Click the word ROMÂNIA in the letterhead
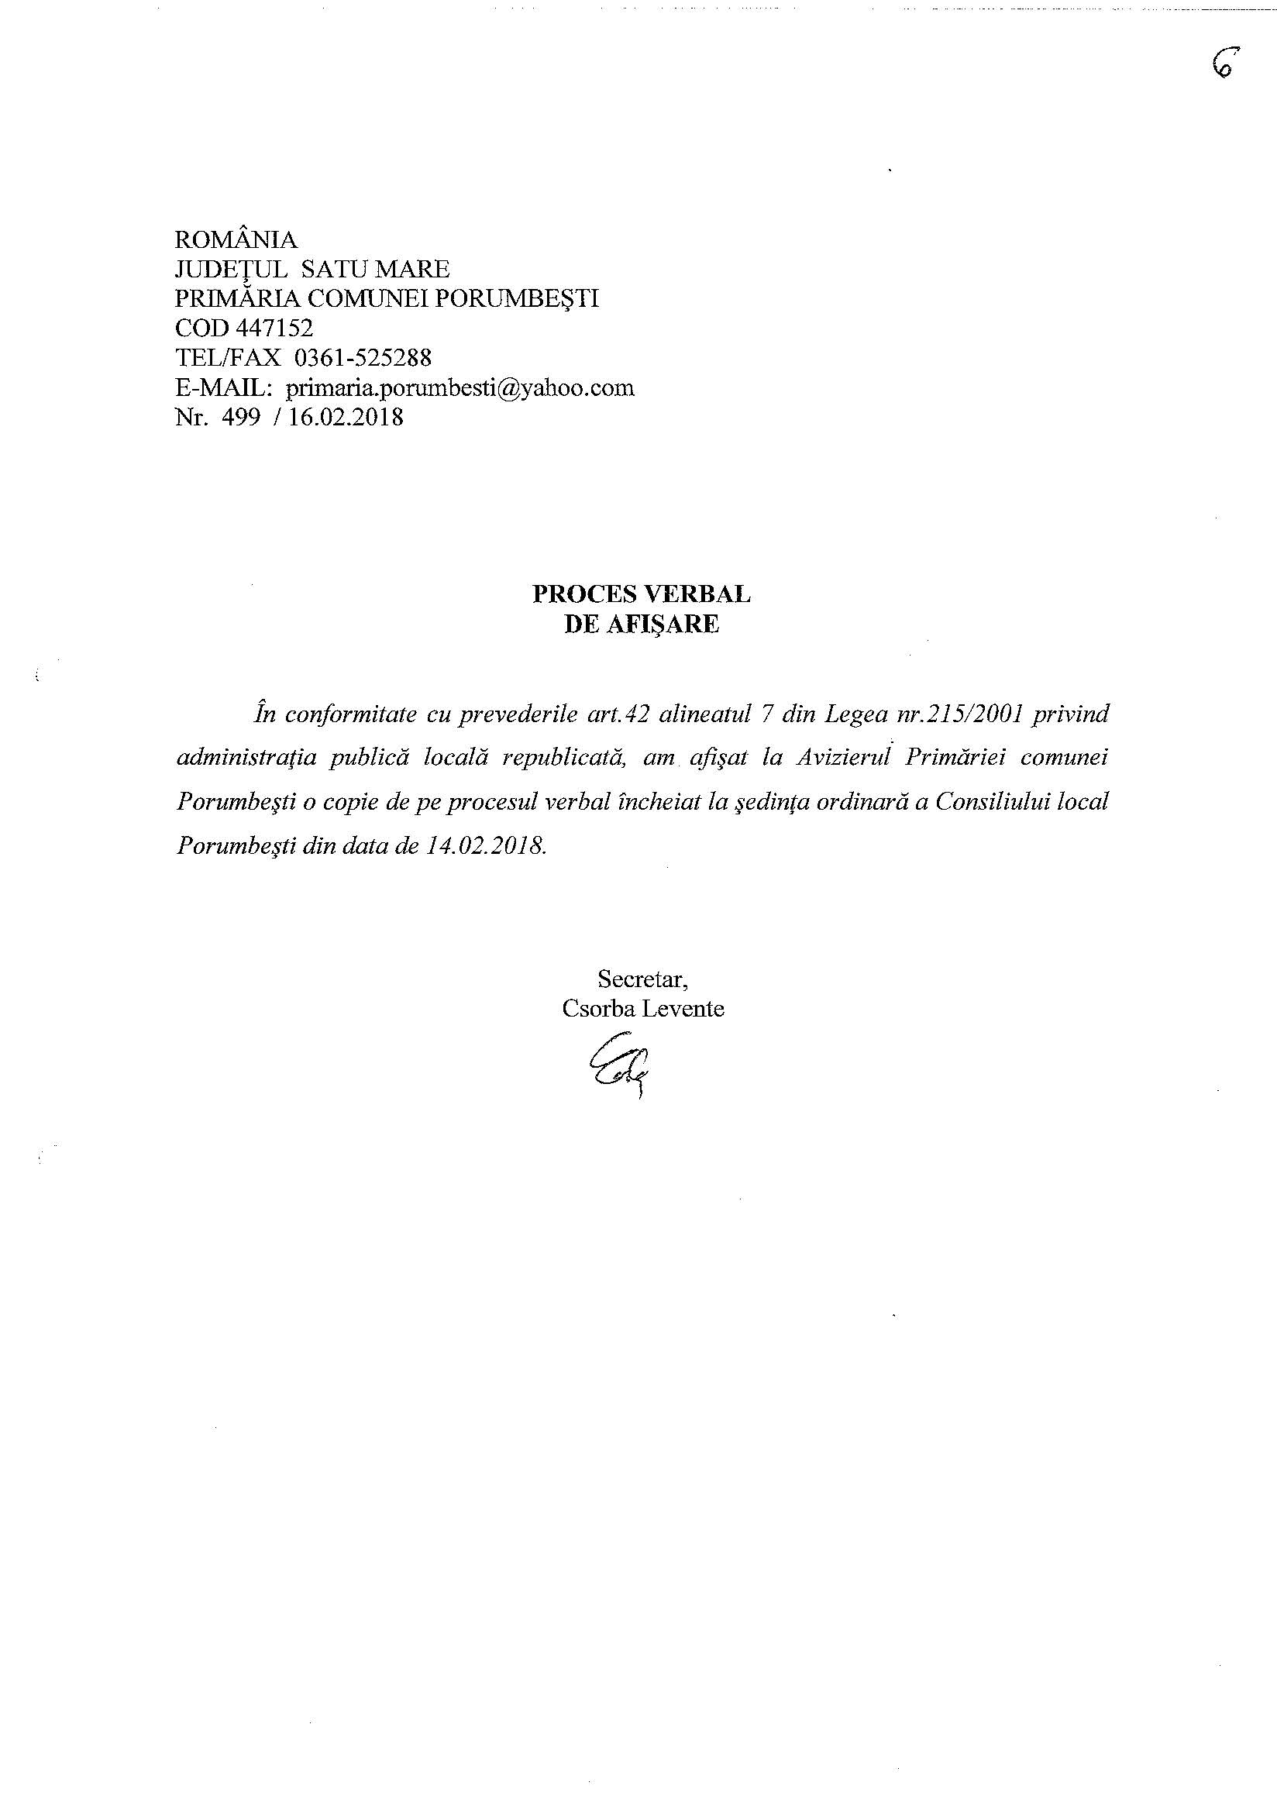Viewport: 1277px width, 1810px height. coord(236,239)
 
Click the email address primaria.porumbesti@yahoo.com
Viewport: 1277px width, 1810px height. coord(460,389)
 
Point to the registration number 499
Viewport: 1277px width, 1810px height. coord(241,418)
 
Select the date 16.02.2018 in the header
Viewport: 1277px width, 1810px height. coord(346,418)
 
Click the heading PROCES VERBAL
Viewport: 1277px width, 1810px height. coord(642,594)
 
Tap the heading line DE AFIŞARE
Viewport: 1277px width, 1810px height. coord(642,625)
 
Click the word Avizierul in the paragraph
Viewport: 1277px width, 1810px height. coord(843,759)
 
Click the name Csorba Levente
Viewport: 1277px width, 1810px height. coord(643,1009)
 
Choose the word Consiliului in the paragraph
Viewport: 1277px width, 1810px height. coord(993,803)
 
